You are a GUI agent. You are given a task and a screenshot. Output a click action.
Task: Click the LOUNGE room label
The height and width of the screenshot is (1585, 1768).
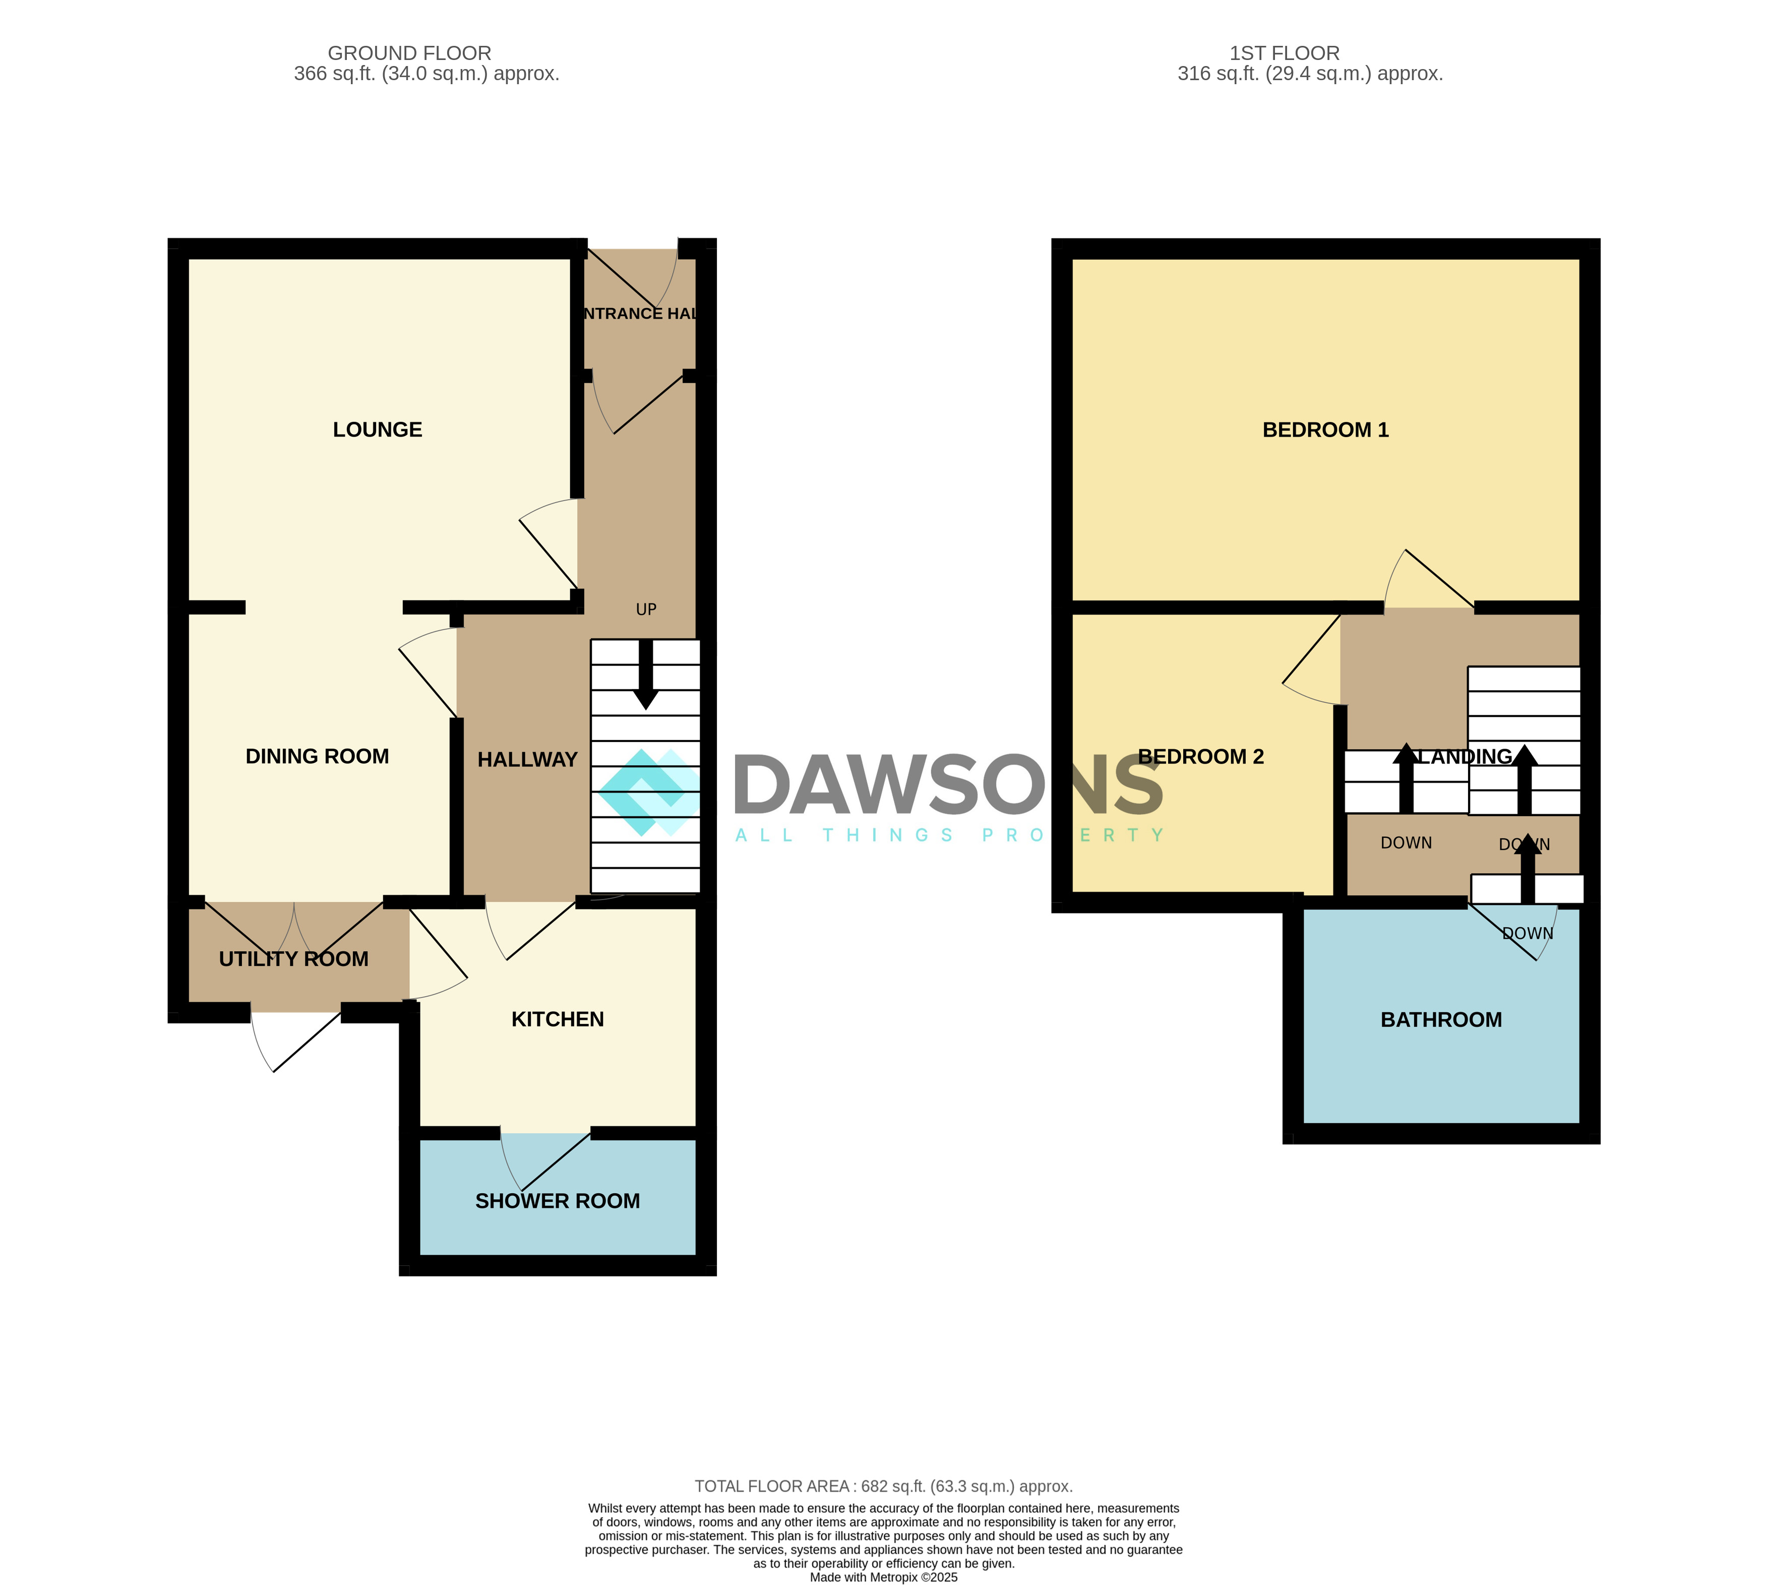(x=377, y=430)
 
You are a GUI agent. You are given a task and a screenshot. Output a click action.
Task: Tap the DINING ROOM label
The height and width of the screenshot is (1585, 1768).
(x=317, y=756)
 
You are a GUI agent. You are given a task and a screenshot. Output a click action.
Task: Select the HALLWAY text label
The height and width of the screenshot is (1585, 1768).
(x=527, y=759)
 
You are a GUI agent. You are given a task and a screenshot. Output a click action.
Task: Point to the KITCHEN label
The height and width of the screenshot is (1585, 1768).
(x=558, y=1019)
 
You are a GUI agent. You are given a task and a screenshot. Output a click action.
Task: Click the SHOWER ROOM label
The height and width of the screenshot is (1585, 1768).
(x=558, y=1201)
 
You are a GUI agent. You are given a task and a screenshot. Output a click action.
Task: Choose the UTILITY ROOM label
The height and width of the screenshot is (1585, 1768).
(x=293, y=959)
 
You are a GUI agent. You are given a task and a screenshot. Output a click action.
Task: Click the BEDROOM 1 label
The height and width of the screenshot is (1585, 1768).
(x=1325, y=430)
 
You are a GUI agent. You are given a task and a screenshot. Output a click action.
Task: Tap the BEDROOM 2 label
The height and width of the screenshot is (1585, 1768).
(x=1200, y=756)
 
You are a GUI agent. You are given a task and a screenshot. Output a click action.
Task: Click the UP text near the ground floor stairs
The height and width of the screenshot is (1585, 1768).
(x=645, y=609)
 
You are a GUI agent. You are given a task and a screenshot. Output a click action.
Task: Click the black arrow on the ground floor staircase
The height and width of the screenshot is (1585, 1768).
(x=645, y=675)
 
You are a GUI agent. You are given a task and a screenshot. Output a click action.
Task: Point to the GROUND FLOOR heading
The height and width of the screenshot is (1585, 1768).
(x=409, y=53)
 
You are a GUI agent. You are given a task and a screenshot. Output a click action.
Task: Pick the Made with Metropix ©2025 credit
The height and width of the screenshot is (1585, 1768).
(x=883, y=1577)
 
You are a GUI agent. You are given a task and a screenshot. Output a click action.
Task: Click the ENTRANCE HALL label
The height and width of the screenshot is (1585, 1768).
(x=640, y=314)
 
